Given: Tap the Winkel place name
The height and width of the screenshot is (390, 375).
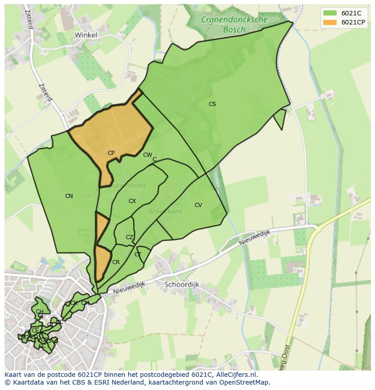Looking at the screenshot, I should (86, 34).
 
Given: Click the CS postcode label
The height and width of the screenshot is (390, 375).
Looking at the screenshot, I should (212, 104).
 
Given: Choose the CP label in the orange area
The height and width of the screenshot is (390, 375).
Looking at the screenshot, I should (111, 153).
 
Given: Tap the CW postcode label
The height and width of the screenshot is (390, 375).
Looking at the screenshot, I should (147, 155).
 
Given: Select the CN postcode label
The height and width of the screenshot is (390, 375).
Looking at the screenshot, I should (69, 196).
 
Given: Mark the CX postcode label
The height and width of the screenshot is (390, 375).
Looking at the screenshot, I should (132, 201).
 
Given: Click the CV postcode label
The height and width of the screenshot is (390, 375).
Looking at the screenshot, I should (198, 205).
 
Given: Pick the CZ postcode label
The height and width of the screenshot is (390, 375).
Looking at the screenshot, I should (130, 237).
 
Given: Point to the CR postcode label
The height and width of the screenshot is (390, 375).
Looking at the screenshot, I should (116, 262).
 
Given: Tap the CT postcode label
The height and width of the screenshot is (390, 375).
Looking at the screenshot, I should (138, 255).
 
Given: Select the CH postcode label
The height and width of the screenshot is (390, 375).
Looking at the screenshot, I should (39, 312).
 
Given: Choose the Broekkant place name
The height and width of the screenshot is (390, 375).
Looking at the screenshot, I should (165, 212).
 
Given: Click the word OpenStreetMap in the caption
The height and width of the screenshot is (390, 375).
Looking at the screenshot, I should (245, 382).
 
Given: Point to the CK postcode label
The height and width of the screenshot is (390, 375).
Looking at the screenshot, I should (73, 303).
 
